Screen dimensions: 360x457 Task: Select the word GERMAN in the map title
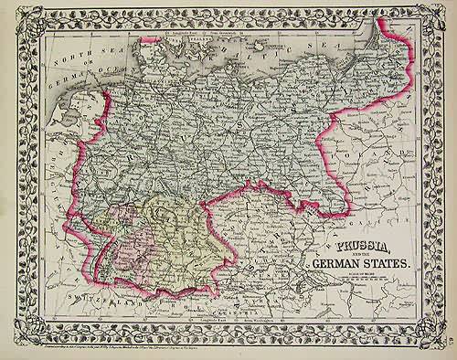point(336,266)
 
